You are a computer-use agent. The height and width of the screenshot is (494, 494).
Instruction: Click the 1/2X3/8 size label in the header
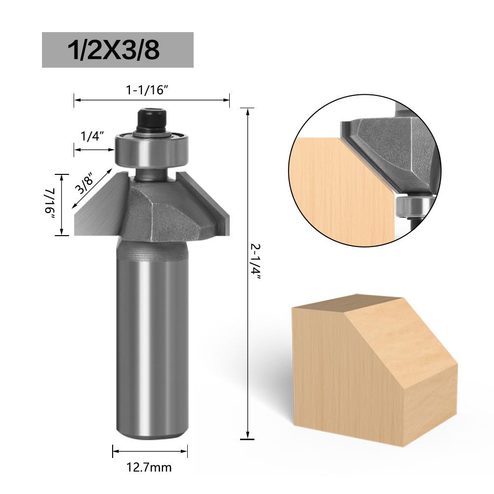tap(118, 50)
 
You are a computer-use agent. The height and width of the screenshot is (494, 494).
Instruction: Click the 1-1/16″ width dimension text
tap(151, 90)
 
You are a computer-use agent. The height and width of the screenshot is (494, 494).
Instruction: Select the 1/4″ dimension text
tap(89, 137)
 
